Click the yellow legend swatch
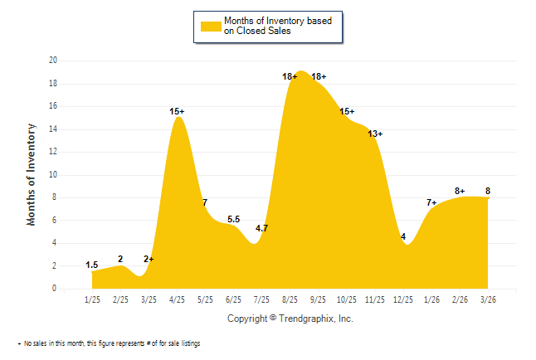pyautogui.click(x=211, y=26)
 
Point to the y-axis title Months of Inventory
pyautogui.click(x=32, y=174)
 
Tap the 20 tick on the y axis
pyautogui.click(x=53, y=61)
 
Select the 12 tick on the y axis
pyautogui.click(x=53, y=152)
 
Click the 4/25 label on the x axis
pyautogui.click(x=177, y=299)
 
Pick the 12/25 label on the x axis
pyautogui.click(x=402, y=299)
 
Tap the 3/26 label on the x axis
pyautogui.click(x=487, y=299)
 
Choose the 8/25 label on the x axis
pyautogui.click(x=290, y=299)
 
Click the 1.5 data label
pyautogui.click(x=92, y=265)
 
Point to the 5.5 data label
pyautogui.click(x=233, y=219)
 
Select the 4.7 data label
pyautogui.click(x=261, y=228)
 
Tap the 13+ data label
pyautogui.click(x=375, y=134)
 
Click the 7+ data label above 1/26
pyautogui.click(x=431, y=202)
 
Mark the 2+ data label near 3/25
pyautogui.click(x=149, y=259)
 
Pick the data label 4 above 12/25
pyautogui.click(x=403, y=236)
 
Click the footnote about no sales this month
pyautogui.click(x=111, y=343)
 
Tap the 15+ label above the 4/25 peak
pyautogui.click(x=177, y=111)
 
